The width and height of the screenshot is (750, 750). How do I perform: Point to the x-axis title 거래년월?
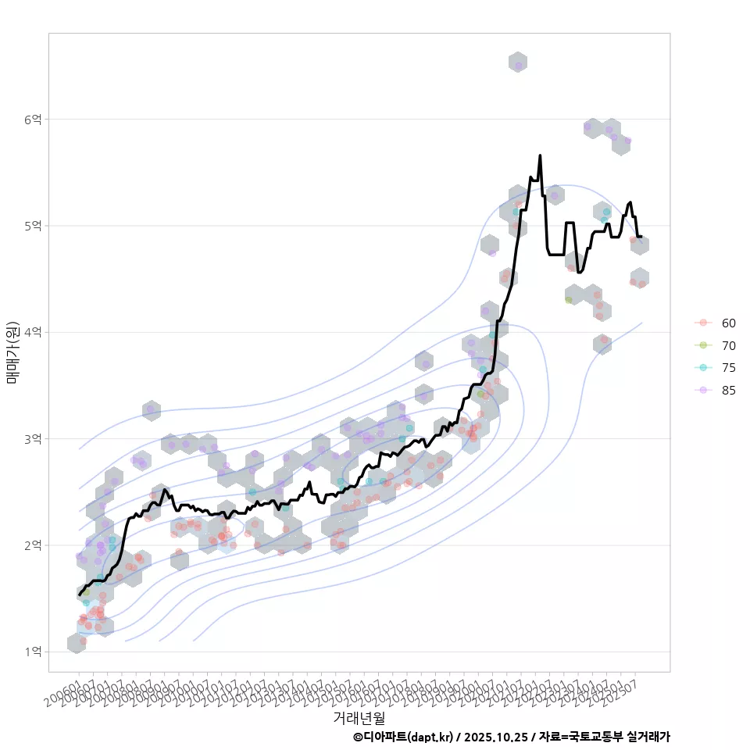click(x=359, y=717)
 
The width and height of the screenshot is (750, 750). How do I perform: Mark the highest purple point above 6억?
click(x=518, y=66)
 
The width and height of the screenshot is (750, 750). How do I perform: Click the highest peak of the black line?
click(x=540, y=155)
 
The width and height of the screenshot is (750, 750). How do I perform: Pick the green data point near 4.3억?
click(x=568, y=300)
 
